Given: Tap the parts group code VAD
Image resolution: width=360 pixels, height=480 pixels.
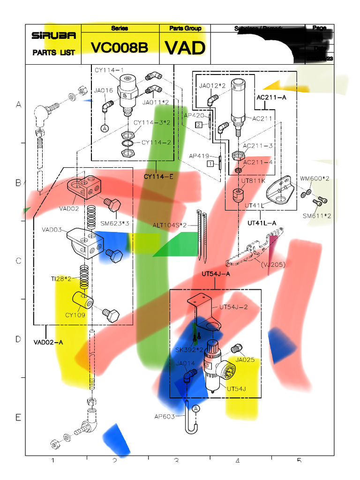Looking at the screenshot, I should (x=185, y=48).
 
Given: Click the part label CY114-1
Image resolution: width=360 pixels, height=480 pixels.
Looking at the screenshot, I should (x=109, y=70).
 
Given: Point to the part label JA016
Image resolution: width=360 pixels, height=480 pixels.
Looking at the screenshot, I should (x=103, y=90).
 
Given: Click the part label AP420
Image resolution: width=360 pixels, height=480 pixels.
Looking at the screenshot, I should (x=194, y=115).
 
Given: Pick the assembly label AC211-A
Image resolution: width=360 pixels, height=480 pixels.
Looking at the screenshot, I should (x=271, y=97).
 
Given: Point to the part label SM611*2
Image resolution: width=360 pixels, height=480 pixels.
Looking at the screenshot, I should (x=317, y=216).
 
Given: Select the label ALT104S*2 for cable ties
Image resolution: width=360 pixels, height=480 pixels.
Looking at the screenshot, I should (x=169, y=225).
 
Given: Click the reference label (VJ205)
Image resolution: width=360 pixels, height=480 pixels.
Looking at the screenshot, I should (x=273, y=264).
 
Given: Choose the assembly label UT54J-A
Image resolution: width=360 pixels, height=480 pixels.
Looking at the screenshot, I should (x=216, y=274).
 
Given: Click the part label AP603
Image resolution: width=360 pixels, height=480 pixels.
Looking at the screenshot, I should (x=164, y=416).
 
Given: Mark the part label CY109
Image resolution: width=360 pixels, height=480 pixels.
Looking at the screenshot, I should (x=75, y=315).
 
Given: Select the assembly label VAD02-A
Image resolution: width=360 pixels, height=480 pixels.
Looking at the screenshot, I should (x=48, y=342).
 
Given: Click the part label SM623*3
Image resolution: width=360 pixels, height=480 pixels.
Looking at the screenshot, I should (x=114, y=223).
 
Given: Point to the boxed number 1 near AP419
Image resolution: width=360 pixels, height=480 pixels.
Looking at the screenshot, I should (x=211, y=164).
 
